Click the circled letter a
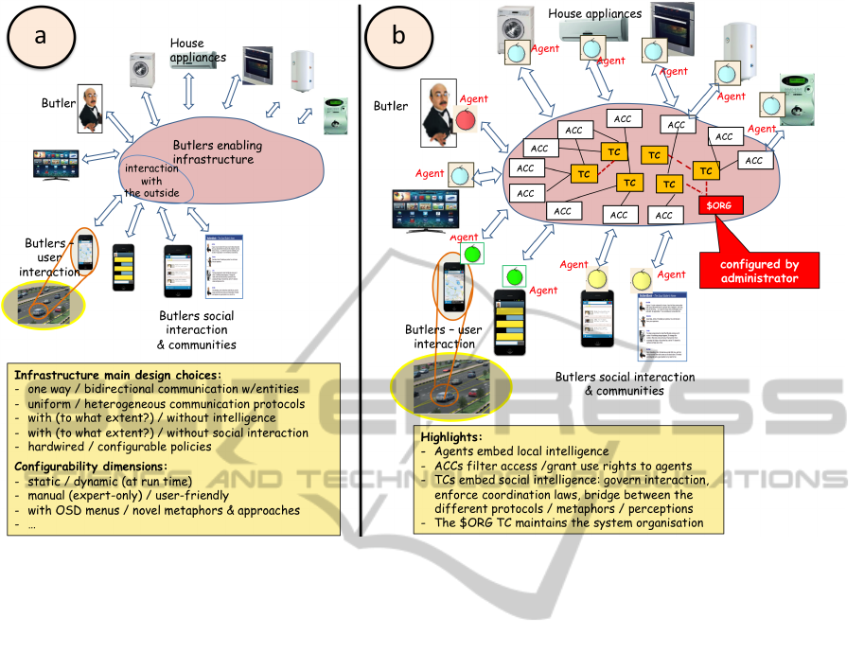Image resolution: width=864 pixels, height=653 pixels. click(39, 36)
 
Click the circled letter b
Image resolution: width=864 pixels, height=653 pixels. click(398, 36)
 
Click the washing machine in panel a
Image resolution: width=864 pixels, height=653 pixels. click(144, 70)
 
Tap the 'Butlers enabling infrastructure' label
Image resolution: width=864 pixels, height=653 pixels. click(217, 152)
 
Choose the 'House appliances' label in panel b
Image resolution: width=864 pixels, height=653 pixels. click(594, 14)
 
